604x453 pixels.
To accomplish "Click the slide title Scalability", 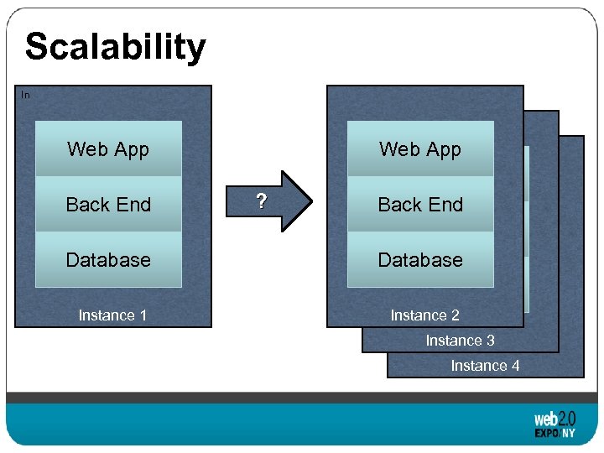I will click(x=115, y=47).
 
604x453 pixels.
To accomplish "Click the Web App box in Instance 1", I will click(x=108, y=149).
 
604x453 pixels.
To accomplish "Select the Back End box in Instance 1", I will click(x=108, y=205).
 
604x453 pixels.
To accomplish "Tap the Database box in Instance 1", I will click(x=108, y=260).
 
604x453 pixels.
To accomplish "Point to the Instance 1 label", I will click(x=112, y=315).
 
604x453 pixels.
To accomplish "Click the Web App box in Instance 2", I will click(x=420, y=149).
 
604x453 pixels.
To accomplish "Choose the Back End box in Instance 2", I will click(x=420, y=205).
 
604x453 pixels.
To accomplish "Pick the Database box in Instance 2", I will click(x=420, y=260).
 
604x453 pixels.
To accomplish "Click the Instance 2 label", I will click(x=424, y=315).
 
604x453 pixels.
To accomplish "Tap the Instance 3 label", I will click(x=460, y=341).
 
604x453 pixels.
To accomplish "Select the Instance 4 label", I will click(x=485, y=366).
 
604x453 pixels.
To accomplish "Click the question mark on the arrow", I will click(x=262, y=201).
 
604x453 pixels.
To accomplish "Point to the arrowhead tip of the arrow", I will click(x=310, y=201).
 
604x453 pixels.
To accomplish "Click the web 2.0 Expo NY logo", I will click(x=555, y=425).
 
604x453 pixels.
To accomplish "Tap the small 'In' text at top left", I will click(x=25, y=96).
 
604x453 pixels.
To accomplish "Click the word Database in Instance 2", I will click(x=420, y=260).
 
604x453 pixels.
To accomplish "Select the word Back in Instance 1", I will click(x=86, y=205).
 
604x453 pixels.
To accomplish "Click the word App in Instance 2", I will click(x=444, y=149).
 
